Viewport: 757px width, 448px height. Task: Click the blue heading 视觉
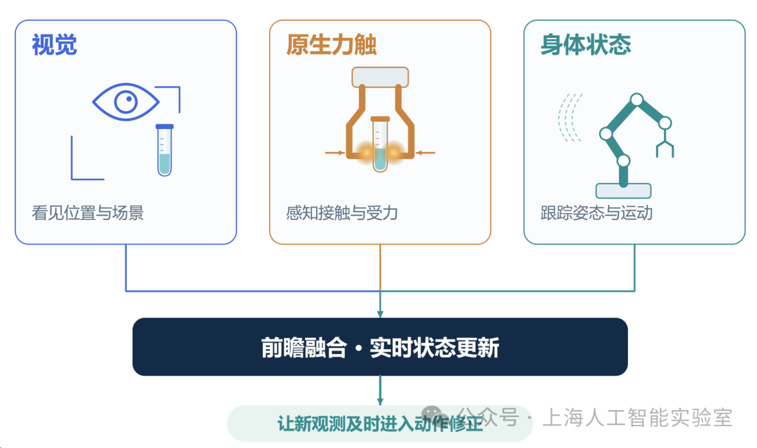point(54,45)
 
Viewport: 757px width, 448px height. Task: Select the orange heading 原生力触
point(331,45)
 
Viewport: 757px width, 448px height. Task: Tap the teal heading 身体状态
point(585,45)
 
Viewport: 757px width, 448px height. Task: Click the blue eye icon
point(125,102)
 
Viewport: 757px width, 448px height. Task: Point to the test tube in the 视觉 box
point(165,150)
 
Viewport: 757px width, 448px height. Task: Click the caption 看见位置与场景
point(88,213)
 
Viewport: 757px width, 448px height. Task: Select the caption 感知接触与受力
point(342,213)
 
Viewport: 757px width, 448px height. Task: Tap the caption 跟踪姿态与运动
point(596,213)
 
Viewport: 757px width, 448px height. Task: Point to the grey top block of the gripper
point(380,77)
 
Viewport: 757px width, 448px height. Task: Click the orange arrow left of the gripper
point(334,153)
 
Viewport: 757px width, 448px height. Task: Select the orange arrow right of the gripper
point(425,153)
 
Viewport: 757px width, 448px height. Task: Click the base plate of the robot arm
point(623,191)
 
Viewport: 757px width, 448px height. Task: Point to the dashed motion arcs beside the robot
point(570,118)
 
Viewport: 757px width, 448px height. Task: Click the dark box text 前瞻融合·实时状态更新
point(380,348)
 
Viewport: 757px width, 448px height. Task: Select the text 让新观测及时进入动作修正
point(380,424)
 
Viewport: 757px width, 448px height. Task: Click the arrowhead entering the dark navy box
point(380,314)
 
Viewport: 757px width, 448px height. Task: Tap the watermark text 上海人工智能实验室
point(637,418)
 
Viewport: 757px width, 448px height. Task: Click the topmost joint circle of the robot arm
point(636,100)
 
